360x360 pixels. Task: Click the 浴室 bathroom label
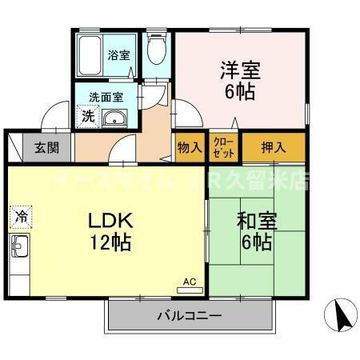point(119,57)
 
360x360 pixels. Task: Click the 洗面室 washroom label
point(106,97)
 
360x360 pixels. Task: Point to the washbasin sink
point(115,119)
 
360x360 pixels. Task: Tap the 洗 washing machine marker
point(87,116)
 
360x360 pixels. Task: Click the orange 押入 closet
point(274,147)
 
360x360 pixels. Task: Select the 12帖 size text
point(106,242)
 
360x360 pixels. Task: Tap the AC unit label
point(190,282)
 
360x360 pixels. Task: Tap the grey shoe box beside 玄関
point(16,147)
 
